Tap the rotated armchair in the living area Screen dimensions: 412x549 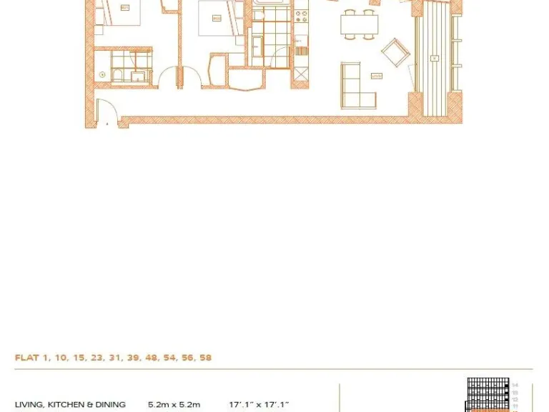(x=395, y=52)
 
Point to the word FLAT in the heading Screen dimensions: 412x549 (x=26, y=358)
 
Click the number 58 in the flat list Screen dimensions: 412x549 (x=205, y=358)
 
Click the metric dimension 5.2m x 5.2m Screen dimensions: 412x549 (x=174, y=405)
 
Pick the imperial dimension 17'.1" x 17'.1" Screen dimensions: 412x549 (x=259, y=405)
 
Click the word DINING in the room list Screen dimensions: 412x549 (x=111, y=405)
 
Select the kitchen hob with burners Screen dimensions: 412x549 (x=301, y=14)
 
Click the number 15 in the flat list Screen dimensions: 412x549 (x=79, y=358)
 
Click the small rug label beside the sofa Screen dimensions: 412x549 (x=377, y=76)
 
